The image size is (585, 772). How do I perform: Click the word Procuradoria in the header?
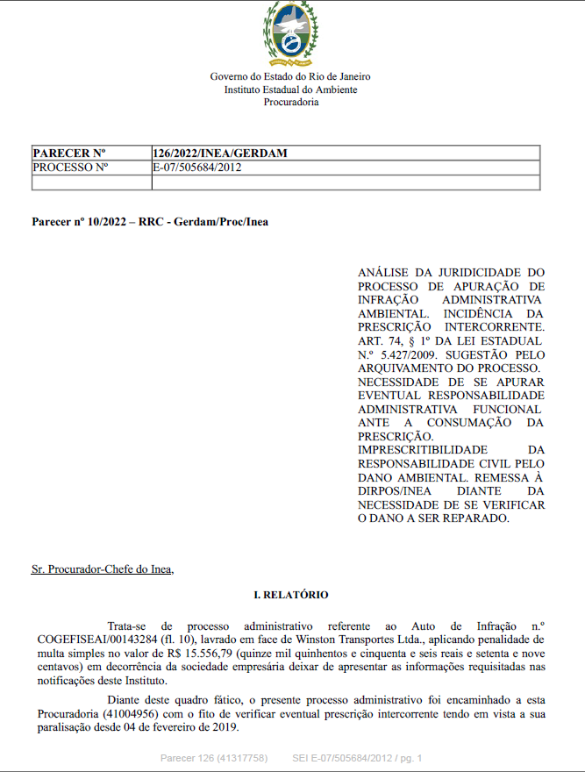point(291,103)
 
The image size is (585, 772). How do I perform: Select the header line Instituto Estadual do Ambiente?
point(291,89)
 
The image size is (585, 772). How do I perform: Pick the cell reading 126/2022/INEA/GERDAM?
point(219,154)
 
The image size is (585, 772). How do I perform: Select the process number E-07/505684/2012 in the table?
point(197,168)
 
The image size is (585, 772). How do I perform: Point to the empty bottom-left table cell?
point(91,182)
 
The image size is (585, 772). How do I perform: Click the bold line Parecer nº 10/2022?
point(150,222)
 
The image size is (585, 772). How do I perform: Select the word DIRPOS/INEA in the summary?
point(392,491)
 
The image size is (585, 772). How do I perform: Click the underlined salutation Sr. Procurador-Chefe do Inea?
point(103,569)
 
